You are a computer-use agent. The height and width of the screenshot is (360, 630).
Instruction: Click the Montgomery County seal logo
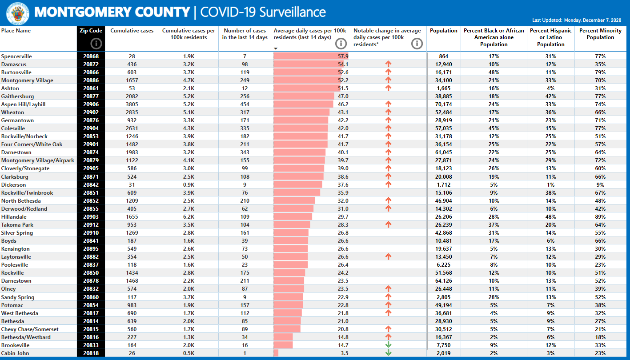(18, 13)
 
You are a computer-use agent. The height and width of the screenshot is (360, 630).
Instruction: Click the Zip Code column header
(91, 31)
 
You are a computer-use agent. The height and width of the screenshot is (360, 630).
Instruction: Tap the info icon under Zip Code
(96, 44)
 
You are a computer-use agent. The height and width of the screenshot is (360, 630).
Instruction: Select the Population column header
(443, 31)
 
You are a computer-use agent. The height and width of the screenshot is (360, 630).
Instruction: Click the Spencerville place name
(16, 56)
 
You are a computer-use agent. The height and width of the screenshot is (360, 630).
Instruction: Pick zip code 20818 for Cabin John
(91, 353)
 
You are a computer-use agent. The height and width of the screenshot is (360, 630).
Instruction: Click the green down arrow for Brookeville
(388, 345)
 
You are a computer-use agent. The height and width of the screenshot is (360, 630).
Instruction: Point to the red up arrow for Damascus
(388, 64)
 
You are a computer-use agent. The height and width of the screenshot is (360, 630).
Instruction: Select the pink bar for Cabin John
(276, 353)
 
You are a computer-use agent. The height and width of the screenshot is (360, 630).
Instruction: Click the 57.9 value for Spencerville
(343, 56)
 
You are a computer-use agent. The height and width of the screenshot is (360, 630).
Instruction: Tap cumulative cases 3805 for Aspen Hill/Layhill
(132, 104)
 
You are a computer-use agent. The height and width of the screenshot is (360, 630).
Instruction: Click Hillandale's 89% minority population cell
(600, 216)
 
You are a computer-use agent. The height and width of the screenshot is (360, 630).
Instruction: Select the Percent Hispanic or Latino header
(550, 37)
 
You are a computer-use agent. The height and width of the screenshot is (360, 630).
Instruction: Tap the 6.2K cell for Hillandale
(189, 216)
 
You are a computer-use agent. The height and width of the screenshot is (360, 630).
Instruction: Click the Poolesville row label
(14, 265)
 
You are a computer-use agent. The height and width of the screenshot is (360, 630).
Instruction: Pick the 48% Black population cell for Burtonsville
(494, 72)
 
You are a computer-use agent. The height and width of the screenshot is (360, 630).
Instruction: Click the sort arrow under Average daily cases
(276, 48)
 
